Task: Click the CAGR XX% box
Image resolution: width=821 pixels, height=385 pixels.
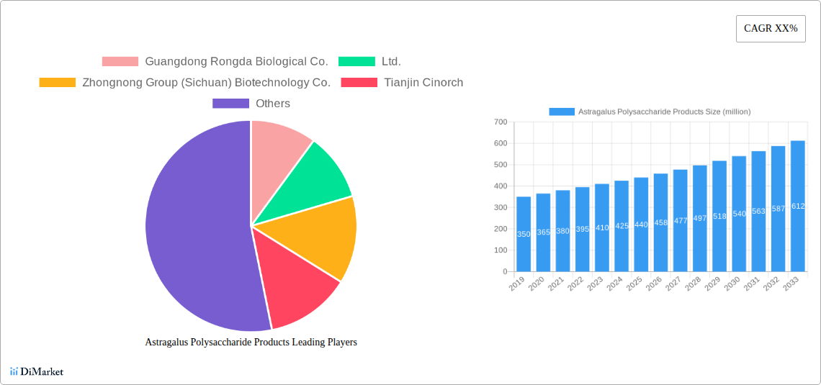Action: click(x=770, y=29)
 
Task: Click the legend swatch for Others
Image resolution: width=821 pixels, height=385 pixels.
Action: click(x=230, y=104)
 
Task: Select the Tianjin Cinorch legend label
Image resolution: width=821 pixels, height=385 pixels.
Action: click(x=423, y=83)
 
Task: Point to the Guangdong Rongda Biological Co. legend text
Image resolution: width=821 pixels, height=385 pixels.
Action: click(x=236, y=62)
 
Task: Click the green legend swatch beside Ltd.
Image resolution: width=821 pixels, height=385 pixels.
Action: click(x=356, y=62)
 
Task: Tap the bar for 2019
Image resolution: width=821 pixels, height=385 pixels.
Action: click(x=524, y=234)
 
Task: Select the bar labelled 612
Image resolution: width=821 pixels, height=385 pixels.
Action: click(x=797, y=206)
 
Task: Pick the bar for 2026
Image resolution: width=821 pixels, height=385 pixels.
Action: click(x=660, y=222)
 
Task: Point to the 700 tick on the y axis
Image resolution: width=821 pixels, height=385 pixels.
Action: click(x=500, y=122)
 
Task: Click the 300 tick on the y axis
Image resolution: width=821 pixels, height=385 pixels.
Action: click(x=500, y=208)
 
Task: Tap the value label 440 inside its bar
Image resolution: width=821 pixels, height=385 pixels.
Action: click(x=641, y=225)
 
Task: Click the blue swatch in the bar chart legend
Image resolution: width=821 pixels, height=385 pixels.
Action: click(x=562, y=112)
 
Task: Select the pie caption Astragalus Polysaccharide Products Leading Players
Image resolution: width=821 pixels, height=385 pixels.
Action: click(x=251, y=343)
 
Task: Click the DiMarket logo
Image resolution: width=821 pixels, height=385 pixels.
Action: click(x=37, y=372)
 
